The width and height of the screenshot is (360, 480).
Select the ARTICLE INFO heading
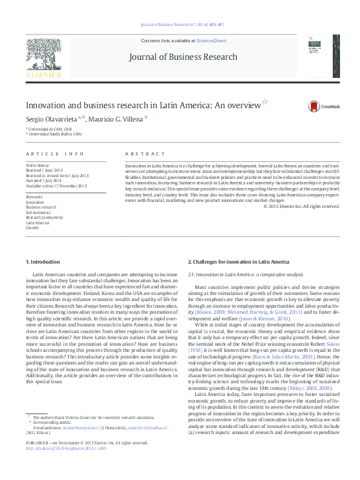pyautogui.click(x=54, y=155)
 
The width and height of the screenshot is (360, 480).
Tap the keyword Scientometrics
pyautogui.click(x=38, y=212)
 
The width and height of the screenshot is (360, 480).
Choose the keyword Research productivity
pyautogui.click(x=44, y=218)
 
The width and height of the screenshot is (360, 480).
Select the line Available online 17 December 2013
pyautogui.click(x=56, y=186)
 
